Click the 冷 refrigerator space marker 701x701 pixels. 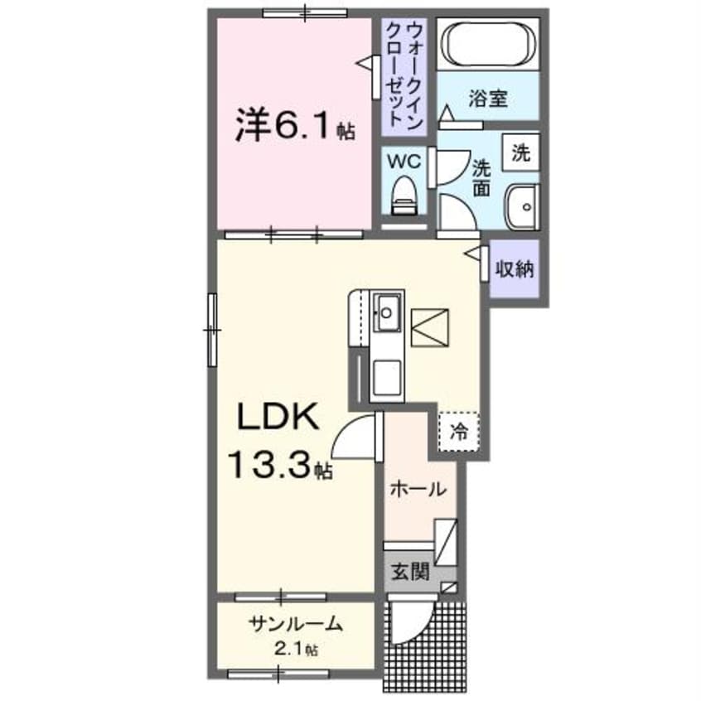coord(457,430)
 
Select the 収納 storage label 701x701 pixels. coord(515,268)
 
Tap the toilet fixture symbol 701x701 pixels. coord(404,196)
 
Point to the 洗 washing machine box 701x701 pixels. coord(520,152)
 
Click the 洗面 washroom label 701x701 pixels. coord(481,176)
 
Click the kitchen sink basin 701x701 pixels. coord(387,312)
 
